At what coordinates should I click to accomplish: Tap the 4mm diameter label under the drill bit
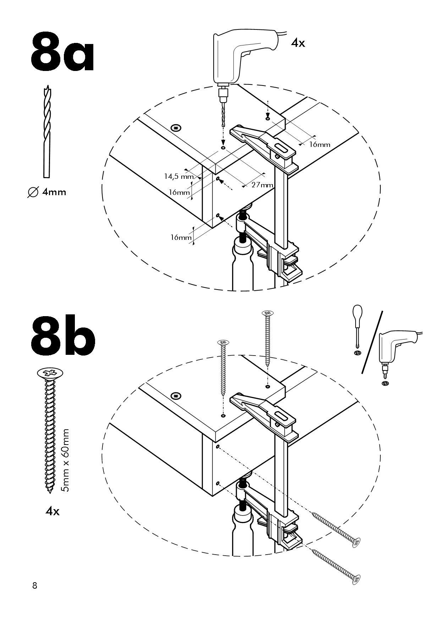coord(47,192)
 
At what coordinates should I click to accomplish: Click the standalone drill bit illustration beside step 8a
coord(46,131)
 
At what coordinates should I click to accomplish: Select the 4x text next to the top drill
coord(298,43)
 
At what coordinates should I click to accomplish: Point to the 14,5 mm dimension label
coord(178,176)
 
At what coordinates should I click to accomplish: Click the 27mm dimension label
coord(262,185)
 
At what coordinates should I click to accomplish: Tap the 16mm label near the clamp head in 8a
coord(319,144)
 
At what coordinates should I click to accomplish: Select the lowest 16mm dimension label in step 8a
coord(181,237)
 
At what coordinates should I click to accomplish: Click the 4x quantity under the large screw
coord(52,511)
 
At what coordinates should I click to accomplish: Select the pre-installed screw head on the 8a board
coord(176,127)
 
